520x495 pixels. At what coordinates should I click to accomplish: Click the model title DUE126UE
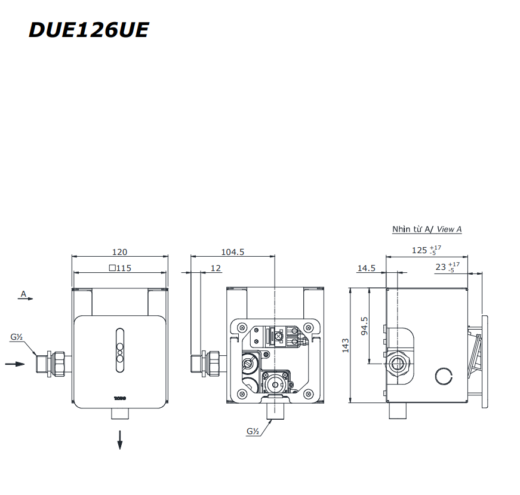tap(88, 30)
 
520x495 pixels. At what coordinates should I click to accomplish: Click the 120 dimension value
tap(120, 252)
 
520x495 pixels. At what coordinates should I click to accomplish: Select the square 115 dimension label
tap(120, 268)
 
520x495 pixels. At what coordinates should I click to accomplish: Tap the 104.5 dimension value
tap(232, 252)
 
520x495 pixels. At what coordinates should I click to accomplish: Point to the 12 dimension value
tap(216, 268)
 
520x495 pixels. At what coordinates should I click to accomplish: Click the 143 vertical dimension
tap(345, 345)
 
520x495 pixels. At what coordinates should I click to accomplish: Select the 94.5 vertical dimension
tap(364, 325)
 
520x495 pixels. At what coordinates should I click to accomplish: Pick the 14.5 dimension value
tap(366, 268)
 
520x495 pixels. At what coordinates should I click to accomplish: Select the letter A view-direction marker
tap(24, 294)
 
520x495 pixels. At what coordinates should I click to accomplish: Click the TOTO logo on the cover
tap(120, 396)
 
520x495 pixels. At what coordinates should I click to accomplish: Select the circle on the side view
tap(444, 376)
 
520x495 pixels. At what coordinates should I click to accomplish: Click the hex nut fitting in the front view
tap(60, 362)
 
